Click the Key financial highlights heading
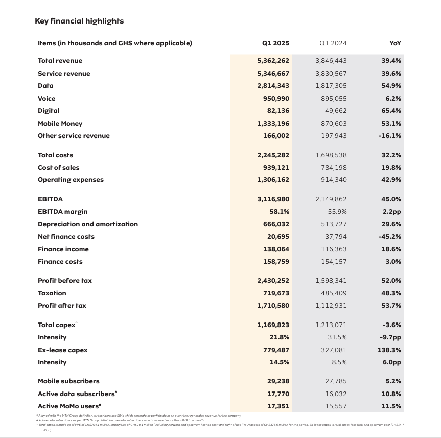79,21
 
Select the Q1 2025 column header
275,43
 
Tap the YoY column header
395,43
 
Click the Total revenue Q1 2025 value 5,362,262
273,61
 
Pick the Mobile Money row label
60,124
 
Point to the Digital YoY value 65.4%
391,111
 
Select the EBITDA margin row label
62,212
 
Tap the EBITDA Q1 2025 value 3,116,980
273,199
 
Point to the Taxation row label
52,293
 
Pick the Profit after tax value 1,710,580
273,306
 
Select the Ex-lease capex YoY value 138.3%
389,350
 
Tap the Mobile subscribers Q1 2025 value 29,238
278,381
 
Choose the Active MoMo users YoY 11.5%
391,406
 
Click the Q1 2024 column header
333,43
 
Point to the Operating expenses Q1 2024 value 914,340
331,180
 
